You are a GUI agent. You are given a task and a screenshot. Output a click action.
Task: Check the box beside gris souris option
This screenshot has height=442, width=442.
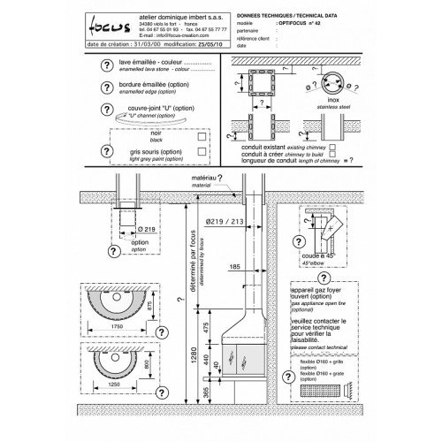click(203, 150)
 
